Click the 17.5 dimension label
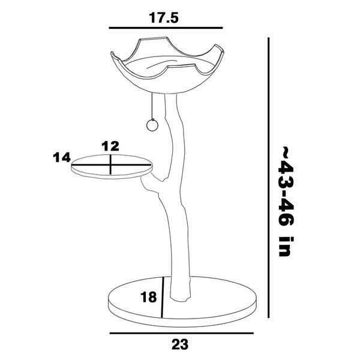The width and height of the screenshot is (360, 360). point(163,18)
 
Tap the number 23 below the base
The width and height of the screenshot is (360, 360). point(180,344)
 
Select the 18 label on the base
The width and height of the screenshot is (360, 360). point(149,297)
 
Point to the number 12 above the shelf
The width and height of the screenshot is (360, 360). point(110,146)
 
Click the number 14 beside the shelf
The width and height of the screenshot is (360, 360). point(62,157)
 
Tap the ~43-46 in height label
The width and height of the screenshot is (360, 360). point(286,201)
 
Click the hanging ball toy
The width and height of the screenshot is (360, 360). point(152,125)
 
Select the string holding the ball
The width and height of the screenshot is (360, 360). point(152,106)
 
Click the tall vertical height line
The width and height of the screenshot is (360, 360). point(269,178)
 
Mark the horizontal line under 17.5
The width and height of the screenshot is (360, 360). point(166,28)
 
